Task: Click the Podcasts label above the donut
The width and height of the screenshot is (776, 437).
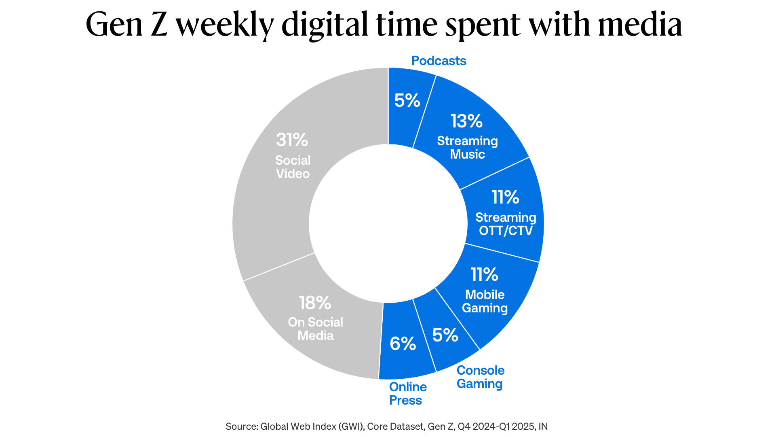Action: [439, 61]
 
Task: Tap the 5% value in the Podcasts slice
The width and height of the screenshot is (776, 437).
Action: [407, 100]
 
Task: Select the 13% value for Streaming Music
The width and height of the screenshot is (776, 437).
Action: [466, 121]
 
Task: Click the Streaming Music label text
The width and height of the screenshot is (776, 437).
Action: [467, 147]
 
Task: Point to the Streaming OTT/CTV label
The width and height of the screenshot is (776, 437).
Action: [506, 224]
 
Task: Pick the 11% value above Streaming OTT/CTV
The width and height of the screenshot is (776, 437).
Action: [505, 197]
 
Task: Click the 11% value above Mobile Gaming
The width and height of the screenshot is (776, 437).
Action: [484, 274]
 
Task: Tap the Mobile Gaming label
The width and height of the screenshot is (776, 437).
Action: [485, 301]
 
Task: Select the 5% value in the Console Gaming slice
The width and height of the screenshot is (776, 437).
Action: [445, 335]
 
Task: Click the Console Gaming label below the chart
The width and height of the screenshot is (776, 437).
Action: [480, 377]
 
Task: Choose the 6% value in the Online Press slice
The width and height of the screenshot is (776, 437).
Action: [403, 344]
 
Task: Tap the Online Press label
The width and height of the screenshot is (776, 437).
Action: [407, 393]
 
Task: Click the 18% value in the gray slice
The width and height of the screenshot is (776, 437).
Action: [315, 303]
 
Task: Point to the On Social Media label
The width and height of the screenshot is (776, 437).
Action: [315, 329]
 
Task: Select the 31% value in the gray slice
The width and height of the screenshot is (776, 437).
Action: [292, 140]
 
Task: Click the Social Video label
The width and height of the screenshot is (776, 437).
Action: [293, 167]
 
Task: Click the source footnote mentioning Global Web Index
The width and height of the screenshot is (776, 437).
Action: [386, 426]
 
